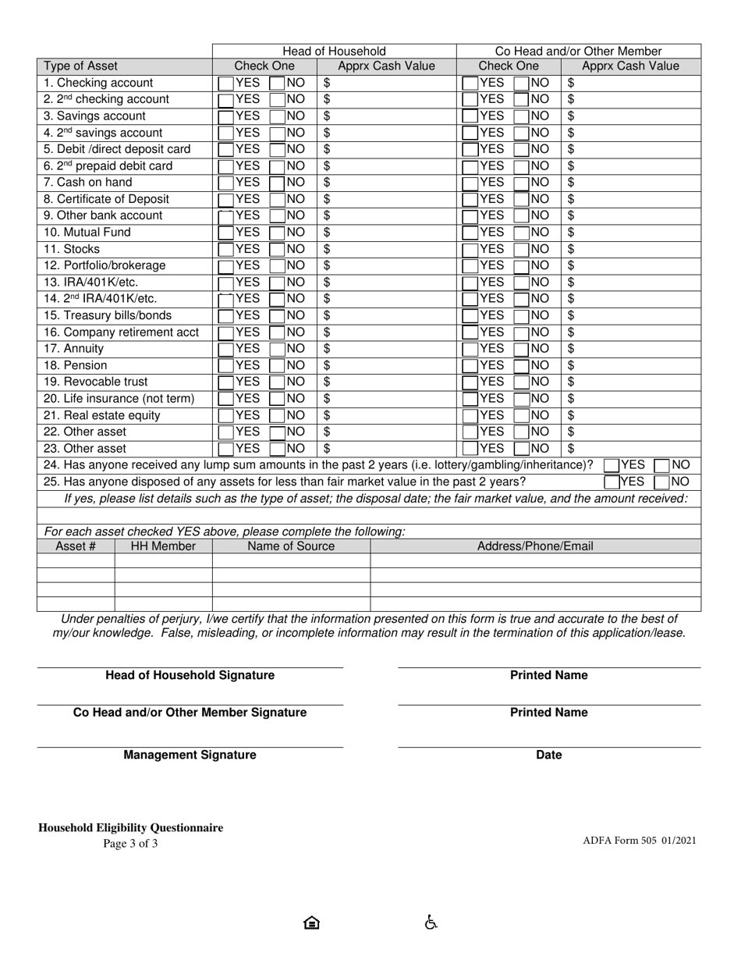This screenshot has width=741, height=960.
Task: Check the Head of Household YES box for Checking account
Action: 225,83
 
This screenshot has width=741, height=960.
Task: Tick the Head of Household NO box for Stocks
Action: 277,250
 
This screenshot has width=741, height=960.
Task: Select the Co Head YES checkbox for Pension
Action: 470,365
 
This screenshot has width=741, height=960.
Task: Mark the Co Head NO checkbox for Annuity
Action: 521,349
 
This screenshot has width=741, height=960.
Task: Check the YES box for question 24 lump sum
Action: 612,465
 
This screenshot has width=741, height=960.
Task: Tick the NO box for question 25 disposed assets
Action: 662,482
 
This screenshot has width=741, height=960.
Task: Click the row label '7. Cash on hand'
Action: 88,183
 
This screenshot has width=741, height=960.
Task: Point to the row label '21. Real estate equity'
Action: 102,415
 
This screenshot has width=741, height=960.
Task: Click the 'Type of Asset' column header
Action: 81,66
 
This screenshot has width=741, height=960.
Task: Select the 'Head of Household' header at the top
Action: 334,51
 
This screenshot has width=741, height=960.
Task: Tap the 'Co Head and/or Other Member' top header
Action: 578,51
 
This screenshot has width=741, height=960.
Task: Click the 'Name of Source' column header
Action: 291,546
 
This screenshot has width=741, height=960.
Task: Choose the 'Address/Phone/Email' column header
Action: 535,546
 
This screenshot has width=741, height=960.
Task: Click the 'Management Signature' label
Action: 190,755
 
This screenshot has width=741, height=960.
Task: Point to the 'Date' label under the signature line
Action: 548,755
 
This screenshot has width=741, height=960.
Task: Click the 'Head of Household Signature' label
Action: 190,675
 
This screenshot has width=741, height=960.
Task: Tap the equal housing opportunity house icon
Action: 311,923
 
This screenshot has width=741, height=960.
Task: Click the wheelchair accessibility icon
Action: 431,923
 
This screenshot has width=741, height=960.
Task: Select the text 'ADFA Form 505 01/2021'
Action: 639,841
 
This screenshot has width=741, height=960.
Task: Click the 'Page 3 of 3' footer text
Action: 130,843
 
